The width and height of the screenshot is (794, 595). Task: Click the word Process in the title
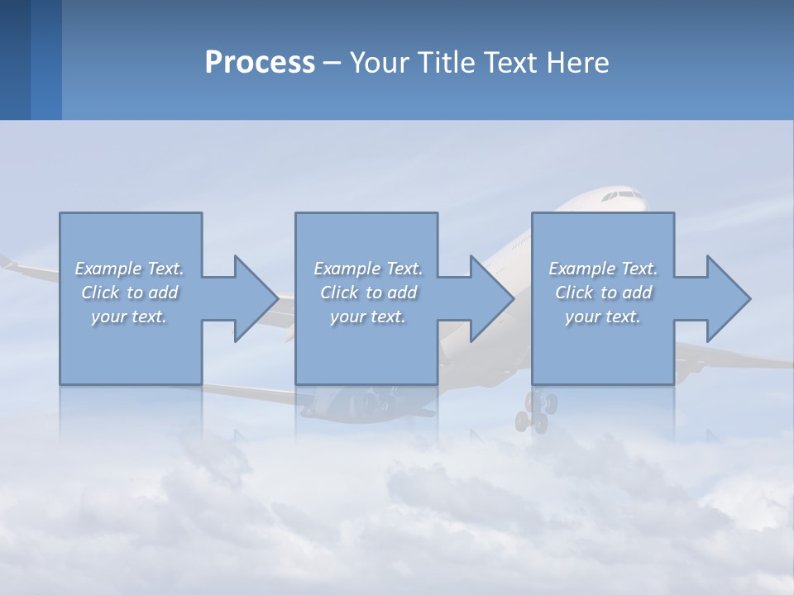[260, 63]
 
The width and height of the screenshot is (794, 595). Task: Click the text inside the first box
[130, 293]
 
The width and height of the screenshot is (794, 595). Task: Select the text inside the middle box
[368, 293]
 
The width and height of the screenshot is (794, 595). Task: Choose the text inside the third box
[603, 293]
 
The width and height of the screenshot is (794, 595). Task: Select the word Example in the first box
[108, 269]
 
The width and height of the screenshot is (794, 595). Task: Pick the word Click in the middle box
[339, 293]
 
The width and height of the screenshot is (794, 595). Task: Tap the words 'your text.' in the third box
[603, 317]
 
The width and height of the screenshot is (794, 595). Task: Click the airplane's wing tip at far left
[7, 263]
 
